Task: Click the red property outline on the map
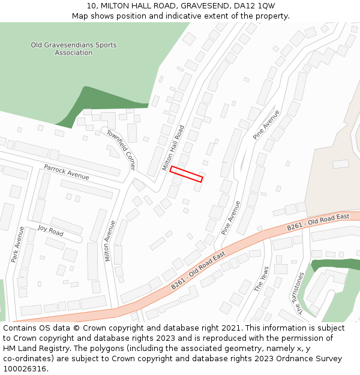(186, 174)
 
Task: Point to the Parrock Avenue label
(66, 172)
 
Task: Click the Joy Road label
(50, 230)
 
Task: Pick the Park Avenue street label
(17, 244)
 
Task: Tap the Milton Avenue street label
(110, 241)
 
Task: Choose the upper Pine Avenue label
(266, 125)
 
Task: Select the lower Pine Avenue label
(230, 217)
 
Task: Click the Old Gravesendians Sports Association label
(74, 49)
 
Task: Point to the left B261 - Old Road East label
(198, 271)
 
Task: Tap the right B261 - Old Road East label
(318, 221)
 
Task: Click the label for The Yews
(262, 279)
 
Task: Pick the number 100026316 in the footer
(26, 368)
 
